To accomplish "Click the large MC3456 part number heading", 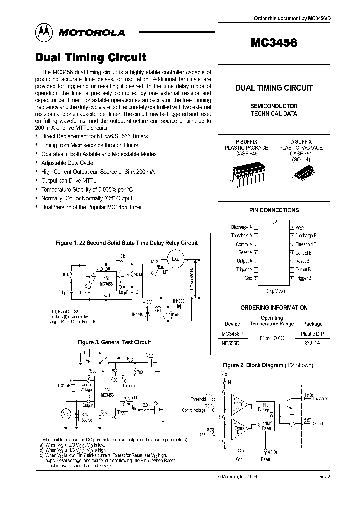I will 274,43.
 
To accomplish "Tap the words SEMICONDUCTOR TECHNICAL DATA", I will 274,110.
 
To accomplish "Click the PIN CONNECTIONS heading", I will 274,210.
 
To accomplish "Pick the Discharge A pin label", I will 241,227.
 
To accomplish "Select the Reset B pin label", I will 303,261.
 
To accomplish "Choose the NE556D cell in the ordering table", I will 231,344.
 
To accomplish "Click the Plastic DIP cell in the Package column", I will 313,334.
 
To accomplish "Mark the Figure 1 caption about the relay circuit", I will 126,243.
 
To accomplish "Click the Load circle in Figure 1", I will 175,260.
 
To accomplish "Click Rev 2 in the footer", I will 324,477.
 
